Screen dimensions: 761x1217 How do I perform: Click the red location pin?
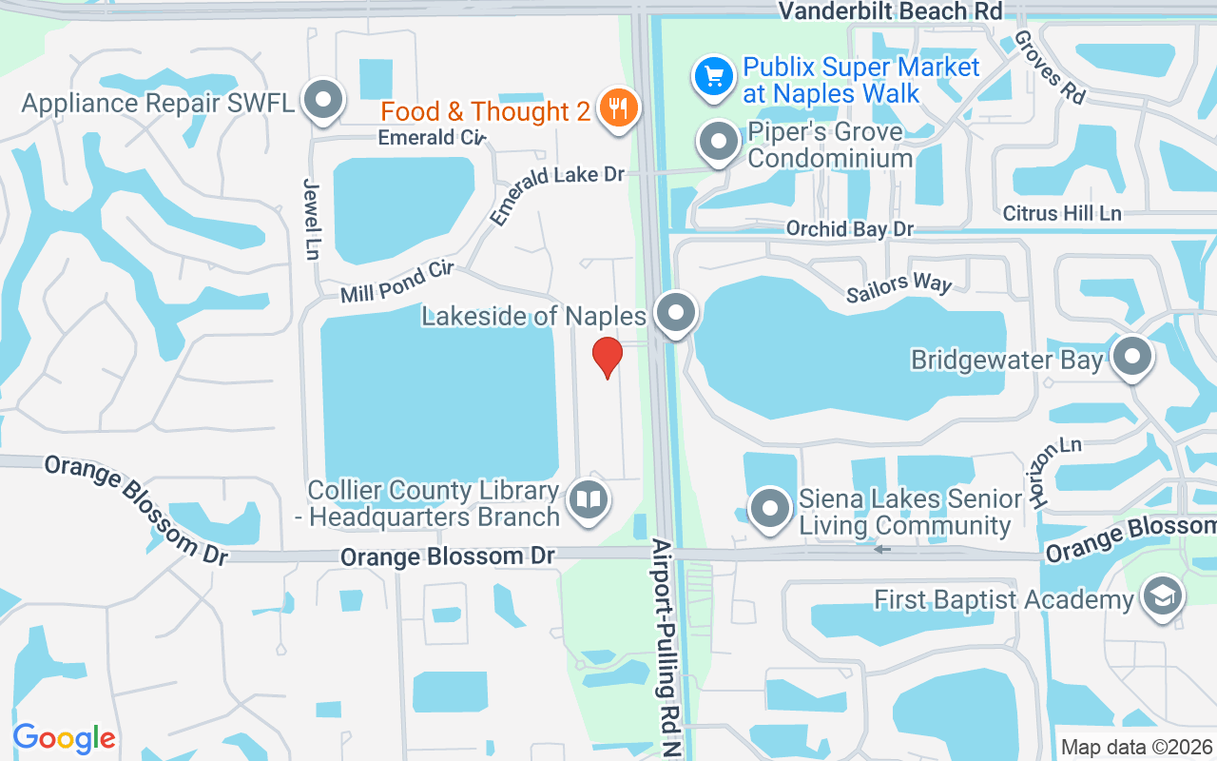608,358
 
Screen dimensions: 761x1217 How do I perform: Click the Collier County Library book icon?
589,499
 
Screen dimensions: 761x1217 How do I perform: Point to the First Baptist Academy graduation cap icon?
1162,597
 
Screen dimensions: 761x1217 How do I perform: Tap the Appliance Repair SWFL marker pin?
323,99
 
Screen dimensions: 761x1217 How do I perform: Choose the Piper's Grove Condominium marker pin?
719,143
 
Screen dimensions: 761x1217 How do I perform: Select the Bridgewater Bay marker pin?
1131,358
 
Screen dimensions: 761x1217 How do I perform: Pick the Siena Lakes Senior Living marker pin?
770,508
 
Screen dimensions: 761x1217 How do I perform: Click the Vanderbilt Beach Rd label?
890,11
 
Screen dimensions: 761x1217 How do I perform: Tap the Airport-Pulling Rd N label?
664,647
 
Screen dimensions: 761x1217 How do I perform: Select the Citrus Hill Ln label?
1062,213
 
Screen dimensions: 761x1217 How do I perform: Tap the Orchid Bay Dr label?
849,229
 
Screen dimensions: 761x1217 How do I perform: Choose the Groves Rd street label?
1050,67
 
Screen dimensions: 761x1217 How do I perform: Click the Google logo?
64,737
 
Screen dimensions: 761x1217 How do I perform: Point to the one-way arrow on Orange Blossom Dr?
882,549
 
